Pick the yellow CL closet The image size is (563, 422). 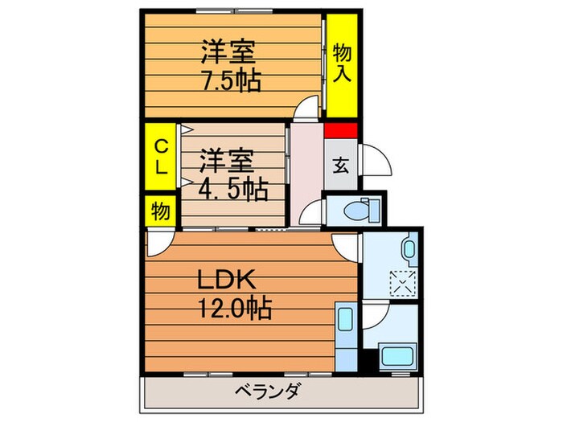click(x=161, y=156)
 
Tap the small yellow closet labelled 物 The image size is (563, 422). click(x=160, y=212)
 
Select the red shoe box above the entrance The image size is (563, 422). click(x=340, y=131)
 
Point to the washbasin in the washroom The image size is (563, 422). click(x=409, y=249)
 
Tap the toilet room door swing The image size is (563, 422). click(x=312, y=213)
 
